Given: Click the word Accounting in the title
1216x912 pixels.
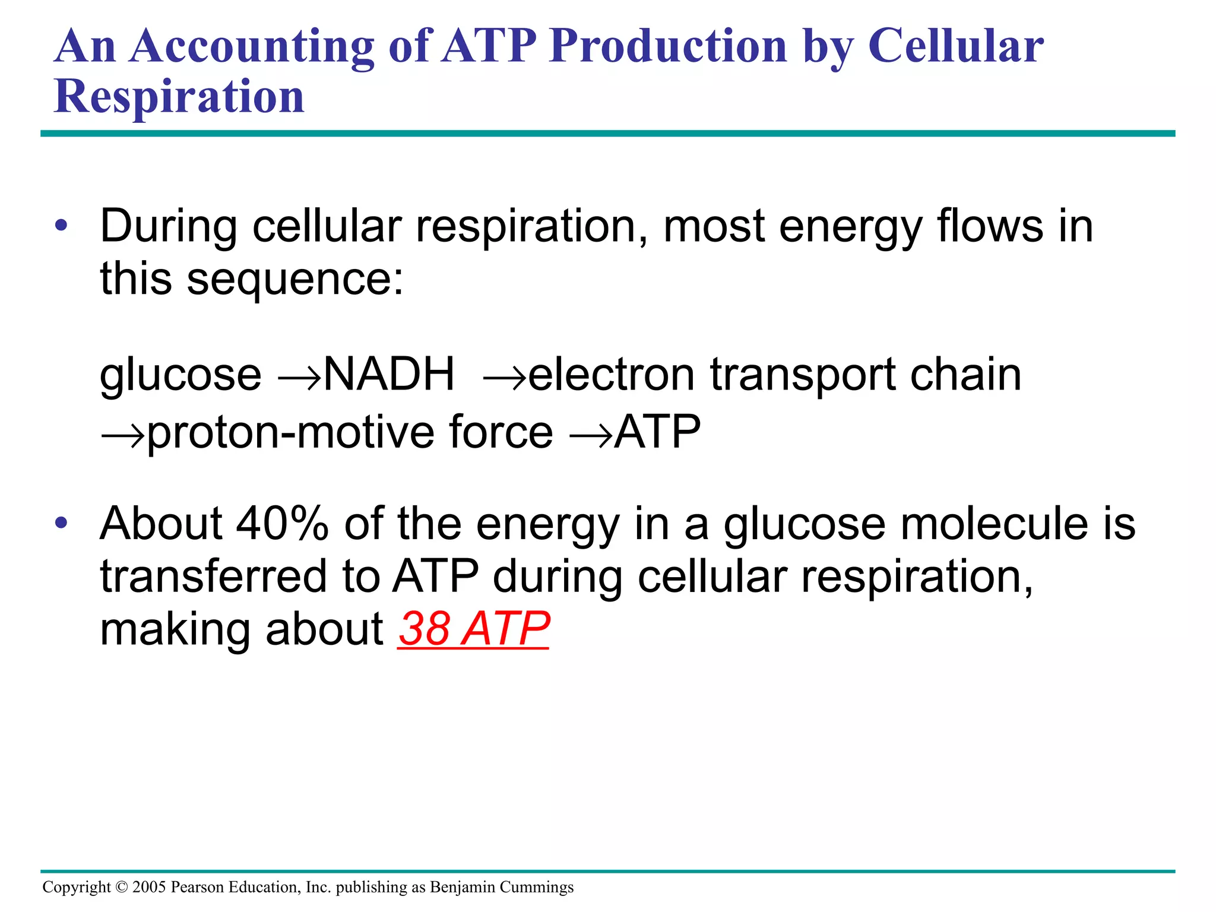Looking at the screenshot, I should pos(252,47).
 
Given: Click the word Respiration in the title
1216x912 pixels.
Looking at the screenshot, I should pos(179,97).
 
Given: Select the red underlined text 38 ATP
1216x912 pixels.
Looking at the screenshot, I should pos(473,629).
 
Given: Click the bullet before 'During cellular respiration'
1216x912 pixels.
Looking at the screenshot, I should pos(61,226).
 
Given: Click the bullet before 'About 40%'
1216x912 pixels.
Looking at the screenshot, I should pos(61,524).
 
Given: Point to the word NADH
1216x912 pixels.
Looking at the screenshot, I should pos(389,375).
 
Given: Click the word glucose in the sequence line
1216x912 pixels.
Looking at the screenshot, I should pos(180,376).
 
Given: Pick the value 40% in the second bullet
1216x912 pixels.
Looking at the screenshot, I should pos(282,524).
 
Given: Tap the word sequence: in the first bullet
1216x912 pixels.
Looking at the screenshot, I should pos(295,279).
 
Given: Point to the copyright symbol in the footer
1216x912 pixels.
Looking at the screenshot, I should pos(121,887).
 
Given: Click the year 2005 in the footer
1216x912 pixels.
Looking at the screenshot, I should pos(149,887).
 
